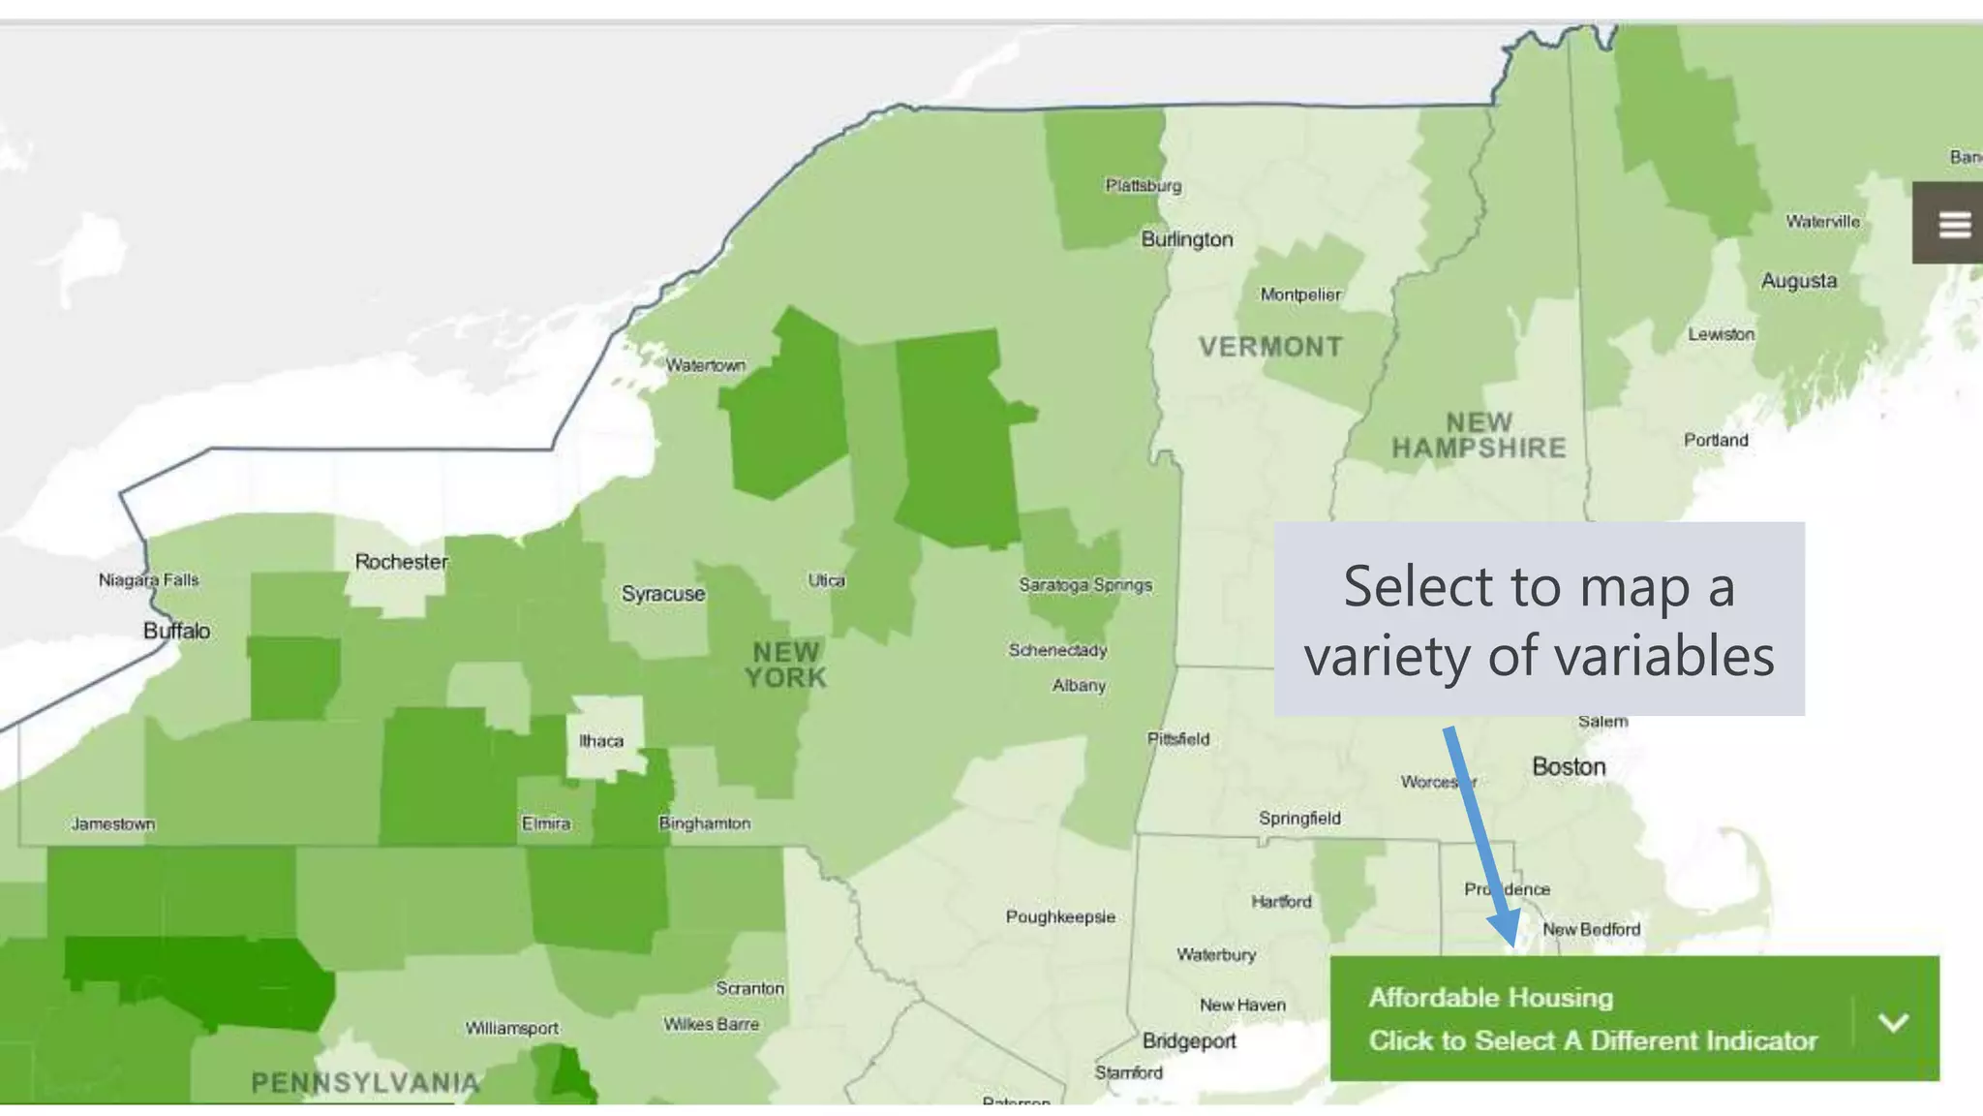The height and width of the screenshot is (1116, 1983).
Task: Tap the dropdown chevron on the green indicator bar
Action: point(1893,1022)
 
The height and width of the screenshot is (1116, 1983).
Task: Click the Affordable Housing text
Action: point(1490,997)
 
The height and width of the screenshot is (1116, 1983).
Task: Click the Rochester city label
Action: point(401,562)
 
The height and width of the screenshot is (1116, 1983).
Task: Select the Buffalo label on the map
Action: point(176,631)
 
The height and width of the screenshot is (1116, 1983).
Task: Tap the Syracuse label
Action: point(663,594)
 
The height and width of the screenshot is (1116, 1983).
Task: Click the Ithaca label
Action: point(601,741)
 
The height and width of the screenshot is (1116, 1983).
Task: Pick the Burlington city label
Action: point(1187,239)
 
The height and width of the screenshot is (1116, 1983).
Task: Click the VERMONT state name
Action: point(1270,347)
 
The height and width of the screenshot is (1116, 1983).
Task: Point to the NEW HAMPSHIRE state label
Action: point(1479,436)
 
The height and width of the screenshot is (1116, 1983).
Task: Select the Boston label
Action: point(1569,767)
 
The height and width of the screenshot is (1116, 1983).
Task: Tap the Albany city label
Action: point(1079,686)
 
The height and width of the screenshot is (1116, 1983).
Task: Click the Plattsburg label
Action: point(1144,185)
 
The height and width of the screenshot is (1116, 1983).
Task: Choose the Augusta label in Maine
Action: point(1798,281)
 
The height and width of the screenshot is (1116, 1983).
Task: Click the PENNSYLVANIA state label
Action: point(365,1082)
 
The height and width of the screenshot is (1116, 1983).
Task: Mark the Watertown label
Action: point(705,365)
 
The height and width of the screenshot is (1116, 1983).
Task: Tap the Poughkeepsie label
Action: point(1060,916)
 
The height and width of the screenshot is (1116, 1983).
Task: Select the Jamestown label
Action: point(113,824)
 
